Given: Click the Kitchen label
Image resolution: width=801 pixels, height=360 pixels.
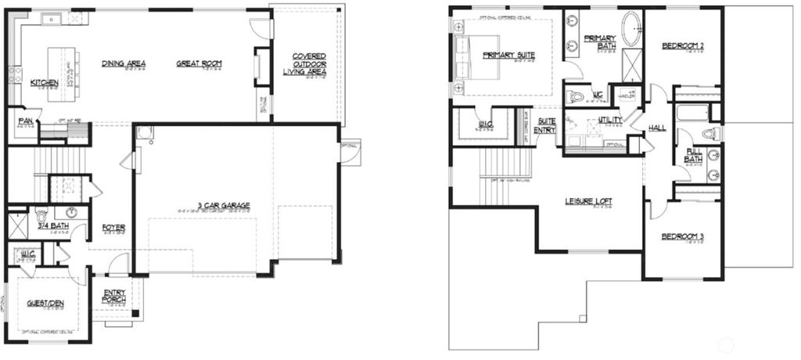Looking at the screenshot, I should tap(44, 83).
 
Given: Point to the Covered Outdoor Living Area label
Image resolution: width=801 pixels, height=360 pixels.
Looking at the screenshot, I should tap(309, 63).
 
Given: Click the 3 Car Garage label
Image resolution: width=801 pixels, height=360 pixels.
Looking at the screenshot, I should tap(202, 205).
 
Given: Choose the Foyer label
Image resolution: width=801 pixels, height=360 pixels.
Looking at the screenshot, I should tap(114, 228).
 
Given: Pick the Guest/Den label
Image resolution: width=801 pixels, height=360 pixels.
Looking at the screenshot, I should tap(45, 302).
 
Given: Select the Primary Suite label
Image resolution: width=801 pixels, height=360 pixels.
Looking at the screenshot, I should tap(508, 55).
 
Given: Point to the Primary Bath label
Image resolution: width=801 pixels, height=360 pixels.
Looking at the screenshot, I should tap(600, 42).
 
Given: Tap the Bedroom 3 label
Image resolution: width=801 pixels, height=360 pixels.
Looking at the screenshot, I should tap(682, 236).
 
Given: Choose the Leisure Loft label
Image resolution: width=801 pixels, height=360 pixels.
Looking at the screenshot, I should tap(588, 202).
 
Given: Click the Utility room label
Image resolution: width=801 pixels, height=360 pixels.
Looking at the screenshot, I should tap(609, 120).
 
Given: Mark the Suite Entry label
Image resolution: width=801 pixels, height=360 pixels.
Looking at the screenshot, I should tap(544, 126).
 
